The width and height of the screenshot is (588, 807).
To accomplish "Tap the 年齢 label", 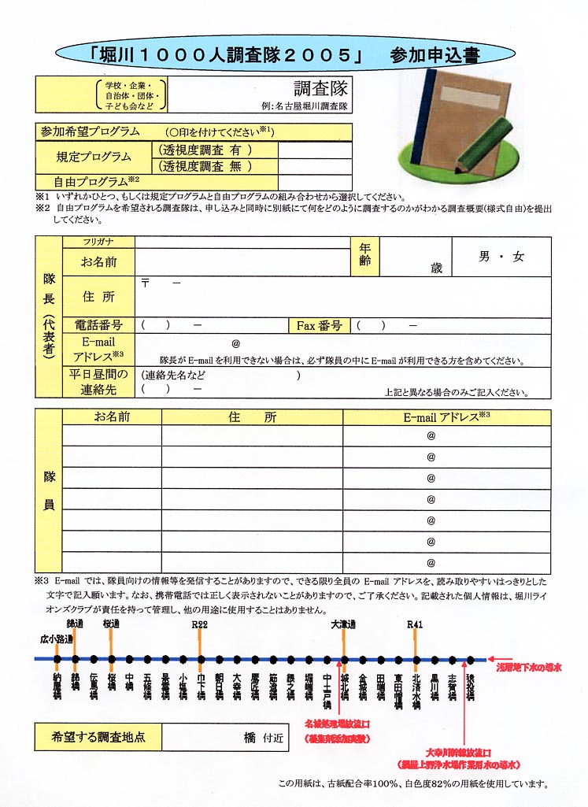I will pyautogui.click(x=365, y=254).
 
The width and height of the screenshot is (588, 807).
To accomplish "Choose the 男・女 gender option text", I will pyautogui.click(x=501, y=257).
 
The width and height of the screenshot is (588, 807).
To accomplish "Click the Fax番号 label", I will pyautogui.click(x=319, y=325).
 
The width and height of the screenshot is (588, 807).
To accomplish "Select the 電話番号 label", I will pyautogui.click(x=98, y=325).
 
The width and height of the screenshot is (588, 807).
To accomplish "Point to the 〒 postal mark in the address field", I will pyautogui.click(x=145, y=283).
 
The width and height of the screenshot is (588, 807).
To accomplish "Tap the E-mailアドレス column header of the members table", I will pyautogui.click(x=446, y=417).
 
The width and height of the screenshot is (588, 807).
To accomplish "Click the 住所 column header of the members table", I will pyautogui.click(x=252, y=417).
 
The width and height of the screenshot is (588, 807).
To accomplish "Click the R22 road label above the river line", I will pyautogui.click(x=201, y=624).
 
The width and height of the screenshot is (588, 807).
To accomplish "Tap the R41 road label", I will pyautogui.click(x=415, y=624).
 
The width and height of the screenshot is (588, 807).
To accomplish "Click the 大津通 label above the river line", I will pyautogui.click(x=344, y=624).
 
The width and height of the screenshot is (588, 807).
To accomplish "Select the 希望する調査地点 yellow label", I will pyautogui.click(x=98, y=739).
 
